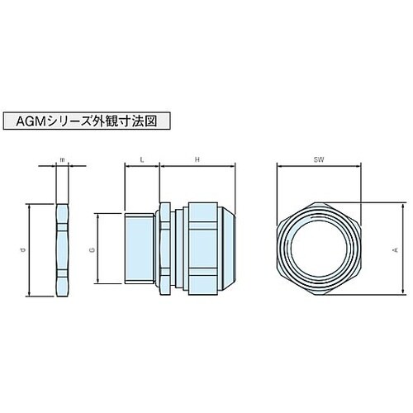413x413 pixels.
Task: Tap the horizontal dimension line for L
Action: pyautogui.click(x=142, y=165)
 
